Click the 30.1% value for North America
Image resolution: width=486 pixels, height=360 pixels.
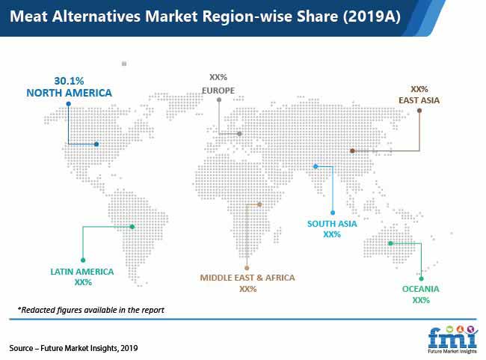tap(69, 81)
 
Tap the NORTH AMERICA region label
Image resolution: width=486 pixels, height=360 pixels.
tap(69, 93)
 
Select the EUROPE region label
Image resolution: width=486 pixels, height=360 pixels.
tap(218, 91)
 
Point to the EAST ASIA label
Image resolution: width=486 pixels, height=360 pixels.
tap(419, 100)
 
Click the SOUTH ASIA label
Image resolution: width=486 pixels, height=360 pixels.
tap(332, 224)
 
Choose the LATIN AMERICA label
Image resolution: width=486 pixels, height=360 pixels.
tap(82, 272)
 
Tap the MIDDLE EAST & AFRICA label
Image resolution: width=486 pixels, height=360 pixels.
tap(247, 278)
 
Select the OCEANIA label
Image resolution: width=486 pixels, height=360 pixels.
tap(421, 289)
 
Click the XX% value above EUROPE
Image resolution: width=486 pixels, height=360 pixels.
tap(218, 77)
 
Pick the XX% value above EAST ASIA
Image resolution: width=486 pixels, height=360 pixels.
tap(419, 89)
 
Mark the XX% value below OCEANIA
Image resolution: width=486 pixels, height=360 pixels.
tap(421, 300)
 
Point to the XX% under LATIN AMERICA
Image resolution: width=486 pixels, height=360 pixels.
tap(83, 282)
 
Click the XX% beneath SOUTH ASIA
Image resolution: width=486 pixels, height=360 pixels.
tap(332, 234)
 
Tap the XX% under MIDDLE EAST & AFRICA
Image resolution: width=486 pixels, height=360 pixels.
tap(248, 289)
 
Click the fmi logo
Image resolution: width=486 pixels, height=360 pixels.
tap(453, 340)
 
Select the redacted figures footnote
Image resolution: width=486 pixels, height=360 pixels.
tap(90, 310)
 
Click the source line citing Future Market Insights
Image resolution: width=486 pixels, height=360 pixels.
tap(73, 348)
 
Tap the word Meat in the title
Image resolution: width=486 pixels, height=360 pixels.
tap(28, 16)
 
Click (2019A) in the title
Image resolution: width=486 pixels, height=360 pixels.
tap(372, 16)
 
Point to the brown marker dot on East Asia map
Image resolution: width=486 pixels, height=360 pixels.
tap(352, 151)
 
